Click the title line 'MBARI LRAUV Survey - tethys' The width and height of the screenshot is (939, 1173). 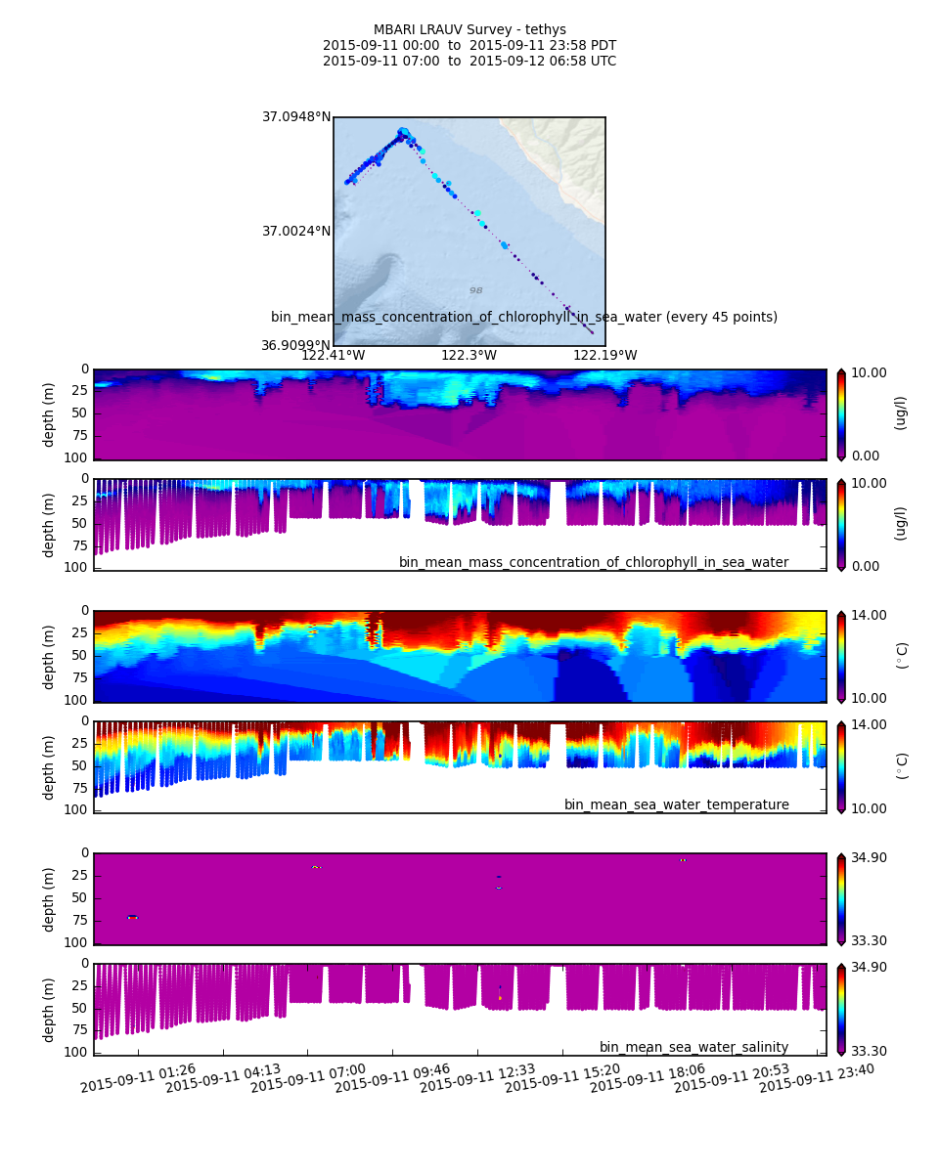(x=469, y=30)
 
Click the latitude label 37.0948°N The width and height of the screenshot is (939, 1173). (x=295, y=117)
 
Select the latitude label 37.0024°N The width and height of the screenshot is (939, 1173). (x=295, y=232)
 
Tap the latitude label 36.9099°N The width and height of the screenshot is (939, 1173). (x=295, y=345)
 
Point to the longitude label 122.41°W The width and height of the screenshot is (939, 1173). (x=333, y=356)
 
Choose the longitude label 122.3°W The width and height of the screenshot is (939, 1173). (x=469, y=356)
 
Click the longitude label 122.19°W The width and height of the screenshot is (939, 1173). (x=604, y=356)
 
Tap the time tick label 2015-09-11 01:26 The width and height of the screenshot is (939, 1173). (x=138, y=1078)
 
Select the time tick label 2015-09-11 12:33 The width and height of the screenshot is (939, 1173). (x=477, y=1078)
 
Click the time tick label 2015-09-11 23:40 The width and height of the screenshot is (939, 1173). (x=817, y=1078)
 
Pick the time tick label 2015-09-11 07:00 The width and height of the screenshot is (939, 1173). (x=308, y=1078)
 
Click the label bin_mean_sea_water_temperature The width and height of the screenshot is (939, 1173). (x=676, y=805)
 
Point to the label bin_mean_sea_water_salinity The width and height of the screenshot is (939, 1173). (x=693, y=1048)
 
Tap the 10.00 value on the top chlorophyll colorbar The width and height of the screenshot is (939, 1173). (x=868, y=373)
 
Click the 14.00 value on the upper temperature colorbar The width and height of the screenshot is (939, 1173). (x=868, y=615)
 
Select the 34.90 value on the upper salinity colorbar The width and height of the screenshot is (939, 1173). (x=868, y=857)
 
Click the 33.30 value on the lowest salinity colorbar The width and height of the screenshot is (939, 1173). (x=868, y=1051)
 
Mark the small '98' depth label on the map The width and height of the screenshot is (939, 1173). (x=475, y=291)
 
